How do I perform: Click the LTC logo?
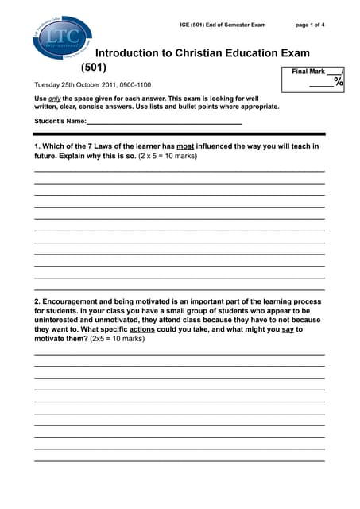tap(62, 38)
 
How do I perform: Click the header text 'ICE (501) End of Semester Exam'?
tap(223, 25)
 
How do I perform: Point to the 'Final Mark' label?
tap(308, 72)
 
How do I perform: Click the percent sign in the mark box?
tap(339, 82)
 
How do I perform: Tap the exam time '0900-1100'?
tap(135, 84)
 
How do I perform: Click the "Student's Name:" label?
tap(60, 121)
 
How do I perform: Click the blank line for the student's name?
tap(163, 123)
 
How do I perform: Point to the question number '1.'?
tap(37, 146)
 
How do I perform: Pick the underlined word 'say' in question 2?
tap(288, 328)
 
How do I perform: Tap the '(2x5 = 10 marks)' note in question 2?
tap(117, 338)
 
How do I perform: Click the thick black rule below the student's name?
tap(180, 134)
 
